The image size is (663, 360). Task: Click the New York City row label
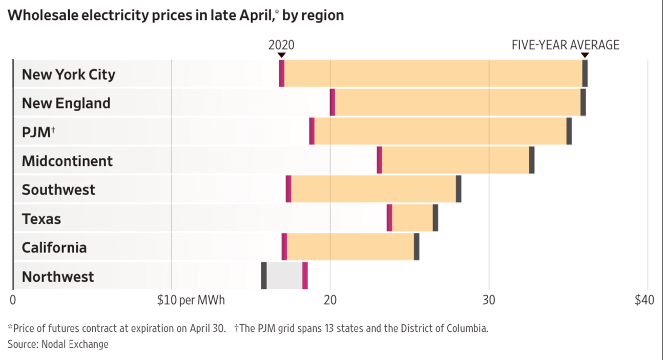[x=68, y=74]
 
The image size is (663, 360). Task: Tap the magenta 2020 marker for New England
[x=333, y=102]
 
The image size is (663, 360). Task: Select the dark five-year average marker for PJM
[x=569, y=131]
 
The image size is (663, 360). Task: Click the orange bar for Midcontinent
[x=455, y=160]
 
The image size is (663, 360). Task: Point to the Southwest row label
[x=58, y=189]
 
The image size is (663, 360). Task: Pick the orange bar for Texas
[x=412, y=218]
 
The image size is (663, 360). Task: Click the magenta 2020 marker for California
[x=284, y=247]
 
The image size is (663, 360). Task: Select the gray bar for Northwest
[x=284, y=276]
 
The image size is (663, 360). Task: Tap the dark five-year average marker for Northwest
[x=264, y=276]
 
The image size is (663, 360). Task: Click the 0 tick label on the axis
[x=13, y=300]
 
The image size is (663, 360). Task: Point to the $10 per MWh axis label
[x=191, y=300]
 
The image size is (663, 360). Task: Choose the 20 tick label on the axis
[x=330, y=300]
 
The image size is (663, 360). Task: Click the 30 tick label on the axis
[x=489, y=300]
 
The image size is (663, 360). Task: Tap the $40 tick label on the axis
[x=644, y=300]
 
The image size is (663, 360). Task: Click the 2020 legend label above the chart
[x=281, y=45]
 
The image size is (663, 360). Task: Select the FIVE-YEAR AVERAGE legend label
[x=566, y=45]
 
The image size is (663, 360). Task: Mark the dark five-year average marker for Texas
[x=436, y=218]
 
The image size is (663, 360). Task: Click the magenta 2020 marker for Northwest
[x=305, y=276]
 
